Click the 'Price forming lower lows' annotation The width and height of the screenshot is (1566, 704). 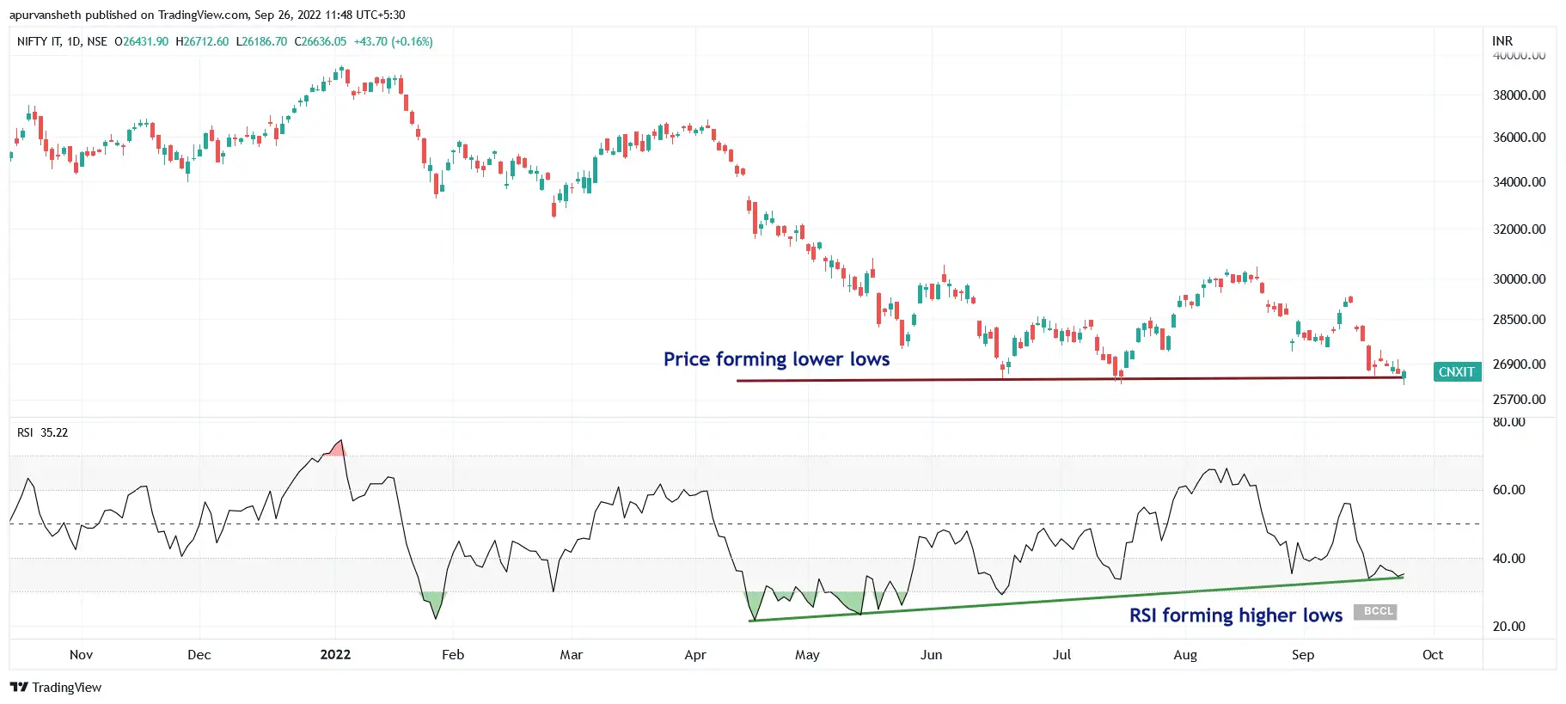click(776, 359)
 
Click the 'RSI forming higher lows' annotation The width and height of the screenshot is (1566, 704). click(1235, 615)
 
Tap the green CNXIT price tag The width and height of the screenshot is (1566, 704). click(1456, 372)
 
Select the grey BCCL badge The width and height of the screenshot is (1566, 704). click(1375, 612)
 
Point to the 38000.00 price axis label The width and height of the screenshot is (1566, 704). click(1519, 95)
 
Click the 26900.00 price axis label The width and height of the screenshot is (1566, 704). click(1519, 364)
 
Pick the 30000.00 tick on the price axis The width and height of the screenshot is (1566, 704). click(1519, 279)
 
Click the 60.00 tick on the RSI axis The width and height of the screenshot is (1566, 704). click(1508, 490)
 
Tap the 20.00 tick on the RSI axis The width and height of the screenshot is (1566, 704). click(1508, 627)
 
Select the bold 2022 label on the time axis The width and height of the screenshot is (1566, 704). click(335, 655)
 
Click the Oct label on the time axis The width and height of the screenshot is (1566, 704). click(1433, 655)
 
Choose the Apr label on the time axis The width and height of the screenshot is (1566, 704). click(695, 655)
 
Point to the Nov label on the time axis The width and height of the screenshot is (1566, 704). click(81, 655)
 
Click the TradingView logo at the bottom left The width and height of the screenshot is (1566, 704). click(56, 688)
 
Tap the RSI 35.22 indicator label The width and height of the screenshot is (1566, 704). click(42, 432)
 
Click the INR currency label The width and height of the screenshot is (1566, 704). click(1502, 41)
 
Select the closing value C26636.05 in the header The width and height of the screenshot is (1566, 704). click(321, 41)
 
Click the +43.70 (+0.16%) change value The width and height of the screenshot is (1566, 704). click(394, 41)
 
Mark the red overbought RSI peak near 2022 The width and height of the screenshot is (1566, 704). click(338, 449)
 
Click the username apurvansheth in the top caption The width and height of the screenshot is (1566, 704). click(45, 15)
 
